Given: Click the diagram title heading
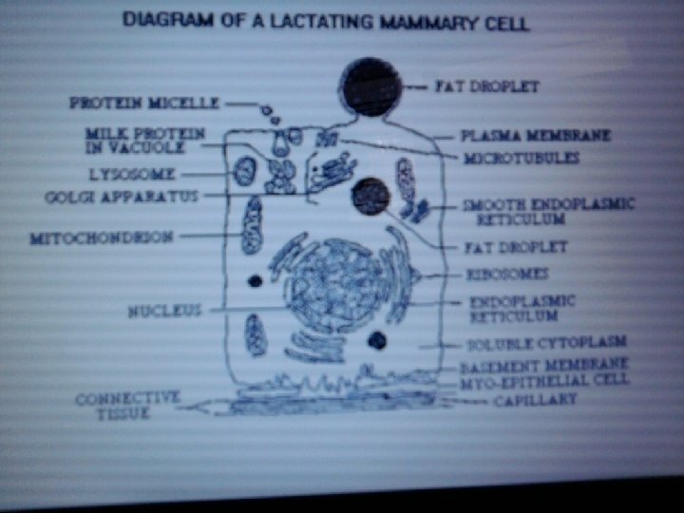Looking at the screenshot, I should tap(327, 21).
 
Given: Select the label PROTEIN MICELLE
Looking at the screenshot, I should tap(144, 103).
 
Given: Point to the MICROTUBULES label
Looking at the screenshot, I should tap(521, 158).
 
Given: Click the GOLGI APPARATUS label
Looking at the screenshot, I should tap(122, 197).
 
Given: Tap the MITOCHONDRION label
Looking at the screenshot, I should tap(102, 237).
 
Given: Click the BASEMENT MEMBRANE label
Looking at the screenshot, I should tap(544, 365).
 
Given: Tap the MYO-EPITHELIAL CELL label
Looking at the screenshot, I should tap(545, 381).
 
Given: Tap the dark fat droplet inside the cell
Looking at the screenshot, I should tap(370, 197).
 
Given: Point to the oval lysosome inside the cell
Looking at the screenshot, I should tap(245, 172).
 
